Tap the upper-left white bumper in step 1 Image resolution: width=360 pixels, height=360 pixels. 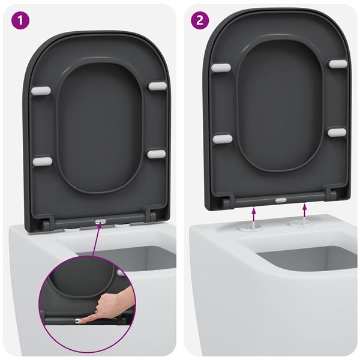pyautogui.click(x=41, y=91)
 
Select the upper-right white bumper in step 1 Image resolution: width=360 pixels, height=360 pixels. pyautogui.click(x=157, y=86)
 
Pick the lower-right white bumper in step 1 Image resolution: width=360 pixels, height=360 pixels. pyautogui.click(x=156, y=154)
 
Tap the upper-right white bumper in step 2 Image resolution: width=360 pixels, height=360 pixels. pyautogui.click(x=337, y=62)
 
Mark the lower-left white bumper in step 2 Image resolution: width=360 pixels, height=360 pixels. pyautogui.click(x=222, y=139)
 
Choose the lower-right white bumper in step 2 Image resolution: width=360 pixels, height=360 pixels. pyautogui.click(x=337, y=131)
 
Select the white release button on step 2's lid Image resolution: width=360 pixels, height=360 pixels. pyautogui.click(x=280, y=199)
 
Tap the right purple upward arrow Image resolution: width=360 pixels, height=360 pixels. pyautogui.click(x=306, y=209)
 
